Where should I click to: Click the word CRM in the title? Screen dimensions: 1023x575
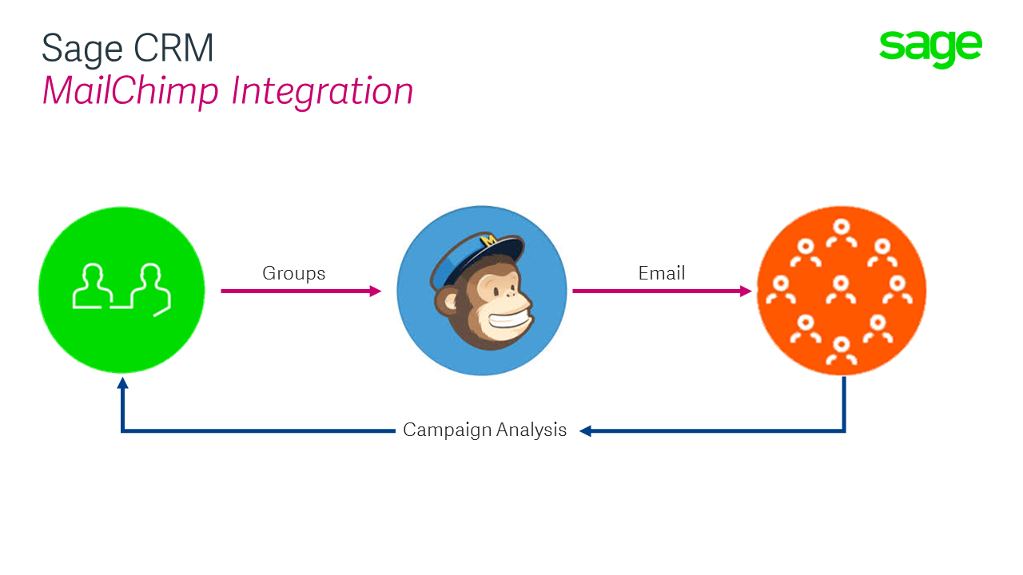click(173, 48)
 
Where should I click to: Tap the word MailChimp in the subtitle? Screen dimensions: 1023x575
click(130, 92)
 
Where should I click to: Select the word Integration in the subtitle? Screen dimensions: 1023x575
click(322, 92)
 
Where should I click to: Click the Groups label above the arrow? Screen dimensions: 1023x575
click(293, 274)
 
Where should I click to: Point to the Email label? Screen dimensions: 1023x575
click(661, 273)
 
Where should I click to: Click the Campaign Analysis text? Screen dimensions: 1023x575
click(484, 430)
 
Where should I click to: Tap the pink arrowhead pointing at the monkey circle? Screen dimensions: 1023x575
click(376, 291)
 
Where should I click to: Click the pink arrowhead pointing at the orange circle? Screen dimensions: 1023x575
click(746, 291)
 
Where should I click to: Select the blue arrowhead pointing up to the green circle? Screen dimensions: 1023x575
click(122, 383)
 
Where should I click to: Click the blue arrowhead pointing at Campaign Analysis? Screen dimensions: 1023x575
click(586, 430)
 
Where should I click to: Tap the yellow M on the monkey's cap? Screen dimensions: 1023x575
click(488, 240)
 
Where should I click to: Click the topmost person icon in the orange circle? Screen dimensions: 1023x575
click(842, 233)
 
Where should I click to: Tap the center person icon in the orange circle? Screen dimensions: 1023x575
click(841, 290)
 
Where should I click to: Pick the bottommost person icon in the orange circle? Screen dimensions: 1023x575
click(842, 351)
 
